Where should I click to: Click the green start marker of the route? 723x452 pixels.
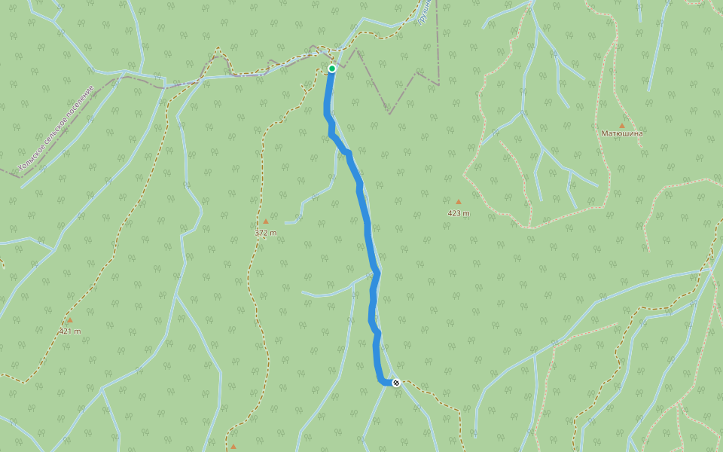pos(331,69)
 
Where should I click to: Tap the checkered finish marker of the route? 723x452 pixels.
pos(396,383)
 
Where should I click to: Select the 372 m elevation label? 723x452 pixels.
pos(265,233)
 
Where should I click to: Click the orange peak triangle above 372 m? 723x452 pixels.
pos(265,221)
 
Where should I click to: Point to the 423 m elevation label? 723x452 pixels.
pos(458,213)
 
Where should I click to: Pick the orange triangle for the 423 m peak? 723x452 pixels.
pos(458,202)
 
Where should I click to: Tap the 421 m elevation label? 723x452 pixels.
pos(70,331)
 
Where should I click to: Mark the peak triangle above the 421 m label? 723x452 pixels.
pos(70,319)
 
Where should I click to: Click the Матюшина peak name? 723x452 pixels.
pos(622,133)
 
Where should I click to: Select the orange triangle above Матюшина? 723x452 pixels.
pos(621,125)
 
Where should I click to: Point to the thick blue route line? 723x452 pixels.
pos(367,226)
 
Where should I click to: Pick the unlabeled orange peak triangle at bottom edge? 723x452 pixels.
pos(233,447)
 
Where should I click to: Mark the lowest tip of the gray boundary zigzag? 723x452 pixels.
pos(389,113)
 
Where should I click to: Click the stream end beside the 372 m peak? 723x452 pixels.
pos(287,222)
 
